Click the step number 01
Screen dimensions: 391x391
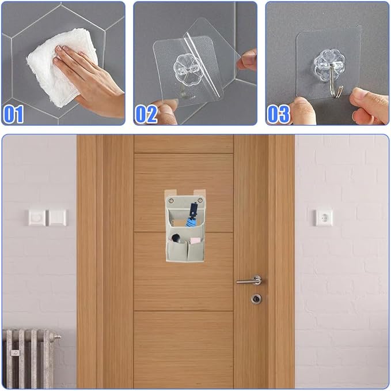point(14,114)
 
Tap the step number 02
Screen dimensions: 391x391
point(146,114)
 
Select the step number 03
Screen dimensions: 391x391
point(278,114)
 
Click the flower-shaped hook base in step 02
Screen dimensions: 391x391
point(187,67)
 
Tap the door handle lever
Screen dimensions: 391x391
point(249,280)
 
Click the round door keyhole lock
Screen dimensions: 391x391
point(256,299)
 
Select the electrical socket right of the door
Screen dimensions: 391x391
point(323,217)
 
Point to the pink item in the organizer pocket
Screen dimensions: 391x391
point(195,240)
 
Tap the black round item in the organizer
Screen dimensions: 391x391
point(176,238)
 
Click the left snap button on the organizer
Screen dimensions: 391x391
point(171,200)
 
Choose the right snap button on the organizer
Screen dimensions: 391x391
point(200,200)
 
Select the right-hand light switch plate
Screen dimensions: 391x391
point(58,218)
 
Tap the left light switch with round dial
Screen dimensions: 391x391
point(37,218)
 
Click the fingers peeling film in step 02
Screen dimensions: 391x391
point(247,61)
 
